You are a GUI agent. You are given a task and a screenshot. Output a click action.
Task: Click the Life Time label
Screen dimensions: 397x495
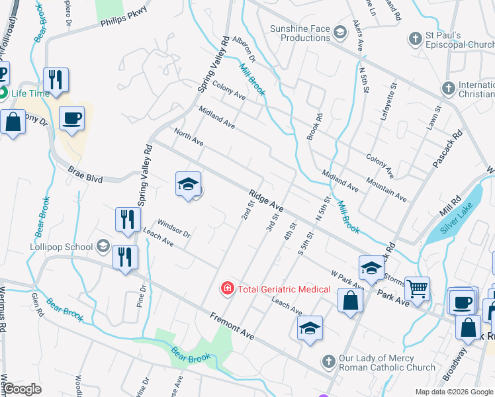(x=30, y=93)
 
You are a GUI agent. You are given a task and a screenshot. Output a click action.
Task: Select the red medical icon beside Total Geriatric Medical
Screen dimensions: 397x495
(x=227, y=288)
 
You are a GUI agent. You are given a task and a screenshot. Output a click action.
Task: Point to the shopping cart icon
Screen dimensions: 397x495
(x=417, y=288)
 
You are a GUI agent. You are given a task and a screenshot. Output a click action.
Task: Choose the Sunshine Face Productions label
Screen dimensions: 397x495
(x=300, y=33)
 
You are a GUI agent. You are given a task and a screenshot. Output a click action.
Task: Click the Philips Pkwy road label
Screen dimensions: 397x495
(x=122, y=17)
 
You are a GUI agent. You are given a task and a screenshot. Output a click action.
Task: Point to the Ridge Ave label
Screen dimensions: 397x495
(x=267, y=200)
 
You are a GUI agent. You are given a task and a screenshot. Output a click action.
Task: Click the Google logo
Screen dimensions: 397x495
(x=22, y=389)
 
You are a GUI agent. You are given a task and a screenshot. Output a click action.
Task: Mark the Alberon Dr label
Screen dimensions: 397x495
(x=244, y=49)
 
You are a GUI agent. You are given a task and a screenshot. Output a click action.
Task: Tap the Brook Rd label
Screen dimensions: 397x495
(x=314, y=126)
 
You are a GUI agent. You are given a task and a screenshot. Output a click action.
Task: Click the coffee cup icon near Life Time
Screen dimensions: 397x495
(x=72, y=118)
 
